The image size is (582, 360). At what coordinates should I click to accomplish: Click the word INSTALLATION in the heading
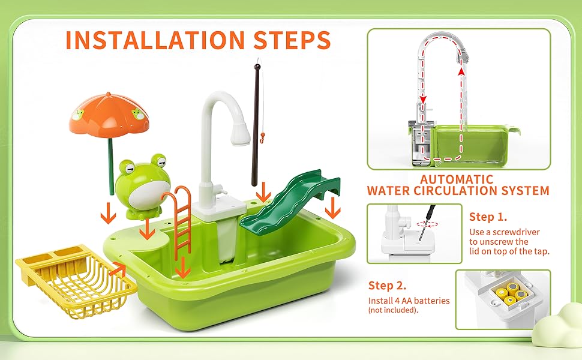click(155, 40)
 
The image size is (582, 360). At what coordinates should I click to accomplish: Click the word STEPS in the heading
click(292, 40)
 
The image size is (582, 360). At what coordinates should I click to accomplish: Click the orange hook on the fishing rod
click(263, 138)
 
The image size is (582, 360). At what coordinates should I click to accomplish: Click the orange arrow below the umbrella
click(109, 213)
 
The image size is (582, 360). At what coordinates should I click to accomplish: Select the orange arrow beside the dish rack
click(118, 268)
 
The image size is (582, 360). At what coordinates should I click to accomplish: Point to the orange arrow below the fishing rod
click(264, 192)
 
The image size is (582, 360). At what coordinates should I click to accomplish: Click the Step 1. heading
click(488, 217)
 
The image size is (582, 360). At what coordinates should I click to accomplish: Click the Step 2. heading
click(387, 286)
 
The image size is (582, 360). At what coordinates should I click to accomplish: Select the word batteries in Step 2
click(433, 301)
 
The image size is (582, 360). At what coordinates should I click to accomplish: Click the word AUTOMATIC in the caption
click(457, 179)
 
